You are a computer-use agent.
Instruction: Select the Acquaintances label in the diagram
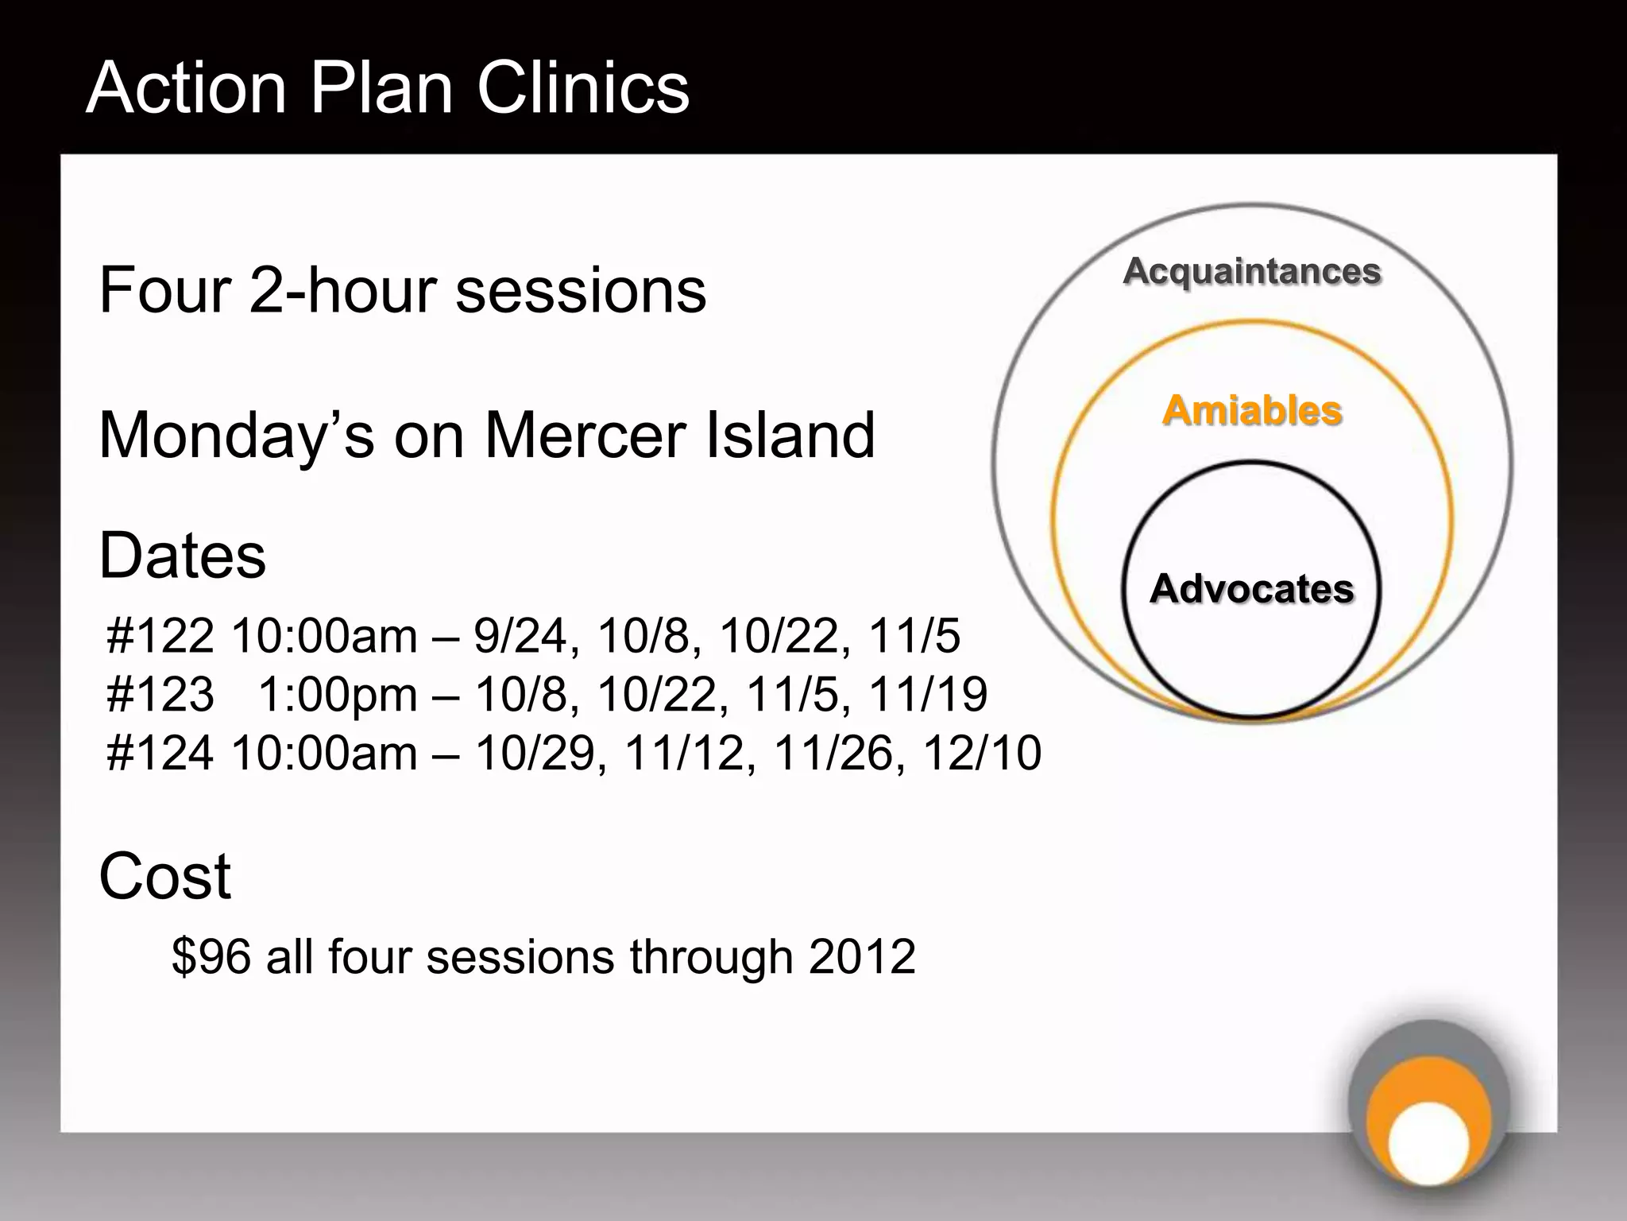pyautogui.click(x=1252, y=271)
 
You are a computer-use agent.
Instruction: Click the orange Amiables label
pyautogui.click(x=1252, y=411)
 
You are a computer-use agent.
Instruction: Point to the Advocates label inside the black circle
pyautogui.click(x=1252, y=589)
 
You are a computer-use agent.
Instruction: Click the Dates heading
pyautogui.click(x=182, y=556)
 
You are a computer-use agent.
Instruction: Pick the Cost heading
pyautogui.click(x=164, y=876)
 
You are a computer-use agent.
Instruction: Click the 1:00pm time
pyautogui.click(x=338, y=695)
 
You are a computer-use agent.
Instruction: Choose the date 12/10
pyautogui.click(x=981, y=753)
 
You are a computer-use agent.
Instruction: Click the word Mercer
pyautogui.click(x=585, y=436)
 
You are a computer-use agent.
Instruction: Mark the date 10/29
pyautogui.click(x=535, y=753)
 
